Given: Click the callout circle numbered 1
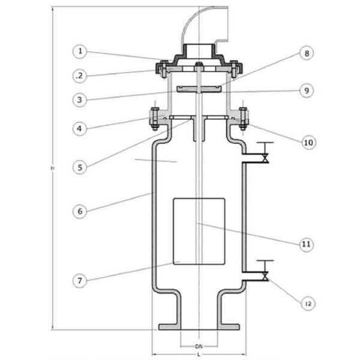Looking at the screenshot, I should (x=81, y=51).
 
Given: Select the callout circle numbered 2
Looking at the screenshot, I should (x=81, y=76).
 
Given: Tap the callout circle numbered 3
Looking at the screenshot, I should (x=81, y=99).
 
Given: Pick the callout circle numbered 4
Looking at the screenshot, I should (x=81, y=127).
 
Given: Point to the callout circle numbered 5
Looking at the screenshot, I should (x=81, y=167).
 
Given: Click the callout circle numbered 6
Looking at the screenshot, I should (x=81, y=211).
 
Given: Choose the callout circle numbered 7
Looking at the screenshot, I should (x=81, y=280).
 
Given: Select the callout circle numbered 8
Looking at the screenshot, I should (x=306, y=53).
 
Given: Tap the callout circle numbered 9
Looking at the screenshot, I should (x=306, y=91).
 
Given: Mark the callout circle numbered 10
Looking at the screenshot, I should (x=306, y=142).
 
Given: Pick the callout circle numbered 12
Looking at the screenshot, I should (x=306, y=304).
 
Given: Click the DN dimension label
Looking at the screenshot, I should (x=198, y=347).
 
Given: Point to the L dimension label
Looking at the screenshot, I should (x=198, y=356).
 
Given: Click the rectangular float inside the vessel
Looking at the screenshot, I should (x=199, y=231).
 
